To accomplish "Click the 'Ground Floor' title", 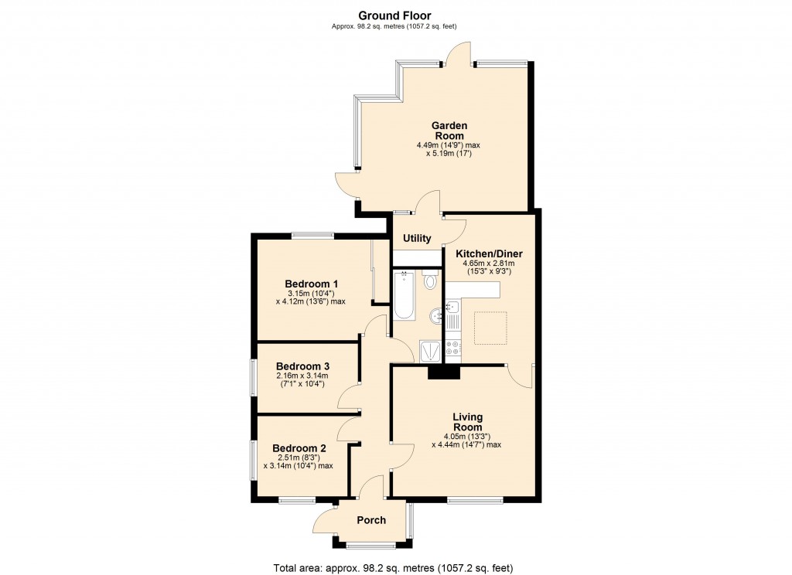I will pos(395,15).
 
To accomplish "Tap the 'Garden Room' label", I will pos(449,131).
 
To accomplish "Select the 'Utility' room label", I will pos(417,238).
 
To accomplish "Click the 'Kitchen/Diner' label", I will pos(489,253).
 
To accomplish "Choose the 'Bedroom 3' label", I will pos(302,366).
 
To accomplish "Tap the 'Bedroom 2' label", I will pos(299,448).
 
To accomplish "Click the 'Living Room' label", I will pos(467,422).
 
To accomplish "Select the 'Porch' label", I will pos(370,520).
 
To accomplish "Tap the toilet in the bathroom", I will pos(430,280).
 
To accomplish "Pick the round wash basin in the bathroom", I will pos(435,315).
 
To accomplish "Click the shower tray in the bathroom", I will pos(430,352).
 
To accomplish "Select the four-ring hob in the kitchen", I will pos(452,349).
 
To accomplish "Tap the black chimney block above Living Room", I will pos(443,372).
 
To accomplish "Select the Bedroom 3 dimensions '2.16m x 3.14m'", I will pos(302,376).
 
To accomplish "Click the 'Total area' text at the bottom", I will pos(395,567).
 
